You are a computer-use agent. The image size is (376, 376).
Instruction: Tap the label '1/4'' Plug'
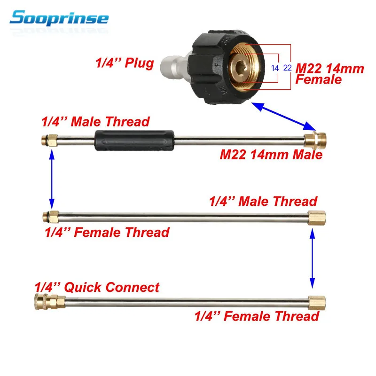[x=124, y=63]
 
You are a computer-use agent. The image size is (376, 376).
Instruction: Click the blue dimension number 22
[x=288, y=68]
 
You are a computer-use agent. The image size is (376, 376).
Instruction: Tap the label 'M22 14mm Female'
[x=329, y=74]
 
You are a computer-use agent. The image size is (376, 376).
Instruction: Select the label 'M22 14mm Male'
[x=271, y=154]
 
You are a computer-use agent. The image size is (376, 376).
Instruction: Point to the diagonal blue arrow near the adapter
[x=285, y=117]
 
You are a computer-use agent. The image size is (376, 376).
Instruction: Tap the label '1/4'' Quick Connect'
[x=97, y=287]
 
